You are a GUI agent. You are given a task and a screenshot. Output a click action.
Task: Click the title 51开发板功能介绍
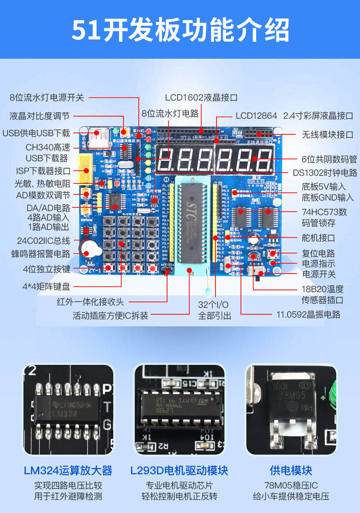tap(180, 30)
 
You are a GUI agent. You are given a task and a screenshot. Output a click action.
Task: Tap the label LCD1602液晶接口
tap(201, 97)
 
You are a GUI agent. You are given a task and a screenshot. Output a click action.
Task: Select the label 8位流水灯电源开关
tap(47, 97)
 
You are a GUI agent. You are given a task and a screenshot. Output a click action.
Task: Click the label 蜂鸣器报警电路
tap(41, 254)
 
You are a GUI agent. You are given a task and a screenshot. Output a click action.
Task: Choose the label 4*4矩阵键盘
tap(46, 286)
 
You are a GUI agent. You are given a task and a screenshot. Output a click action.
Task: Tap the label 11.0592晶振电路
tap(308, 314)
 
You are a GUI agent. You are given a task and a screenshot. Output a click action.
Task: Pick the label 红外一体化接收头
tap(90, 302)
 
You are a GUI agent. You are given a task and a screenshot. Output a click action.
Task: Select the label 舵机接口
tap(318, 238)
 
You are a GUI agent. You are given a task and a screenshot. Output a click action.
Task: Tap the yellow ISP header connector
tap(86, 170)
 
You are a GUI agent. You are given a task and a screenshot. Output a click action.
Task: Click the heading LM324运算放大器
tap(68, 470)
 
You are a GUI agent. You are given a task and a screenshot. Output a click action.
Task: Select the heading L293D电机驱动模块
tap(179, 470)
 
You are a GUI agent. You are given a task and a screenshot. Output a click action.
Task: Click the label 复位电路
tap(318, 253)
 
